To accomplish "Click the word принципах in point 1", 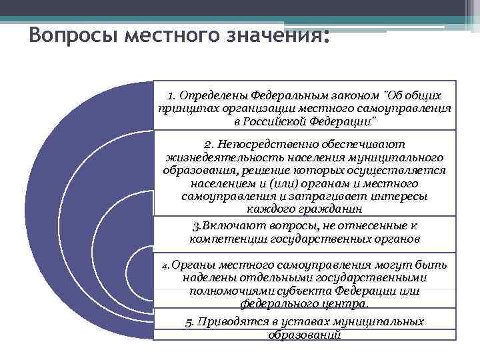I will [x=185, y=109].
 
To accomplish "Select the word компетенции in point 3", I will [x=225, y=238].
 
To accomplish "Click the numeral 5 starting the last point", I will [x=189, y=322].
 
